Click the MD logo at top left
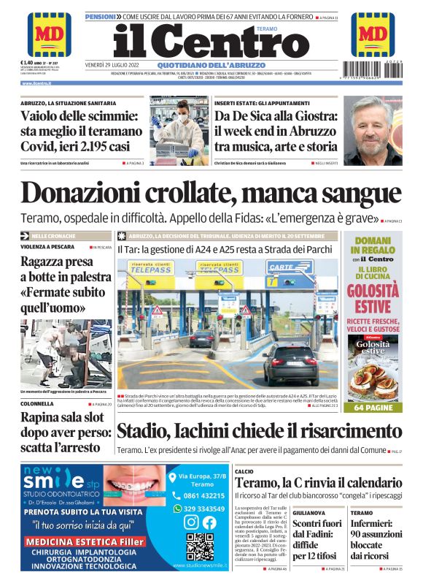(x=49, y=34)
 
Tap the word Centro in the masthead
(x=231, y=42)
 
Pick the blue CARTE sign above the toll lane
(x=280, y=268)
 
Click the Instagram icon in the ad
(x=190, y=522)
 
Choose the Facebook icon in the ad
(x=209, y=522)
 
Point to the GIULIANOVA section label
(x=309, y=513)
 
